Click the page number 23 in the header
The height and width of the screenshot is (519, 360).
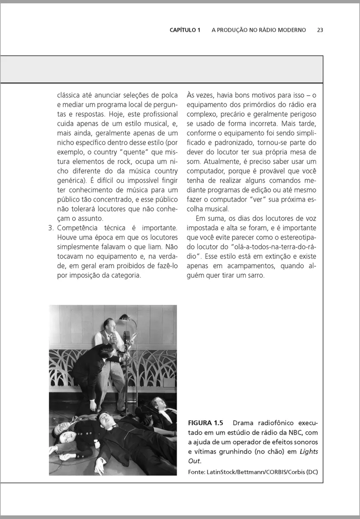320,30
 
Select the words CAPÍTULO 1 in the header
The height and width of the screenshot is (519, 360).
185,30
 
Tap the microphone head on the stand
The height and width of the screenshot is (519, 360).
127,336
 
